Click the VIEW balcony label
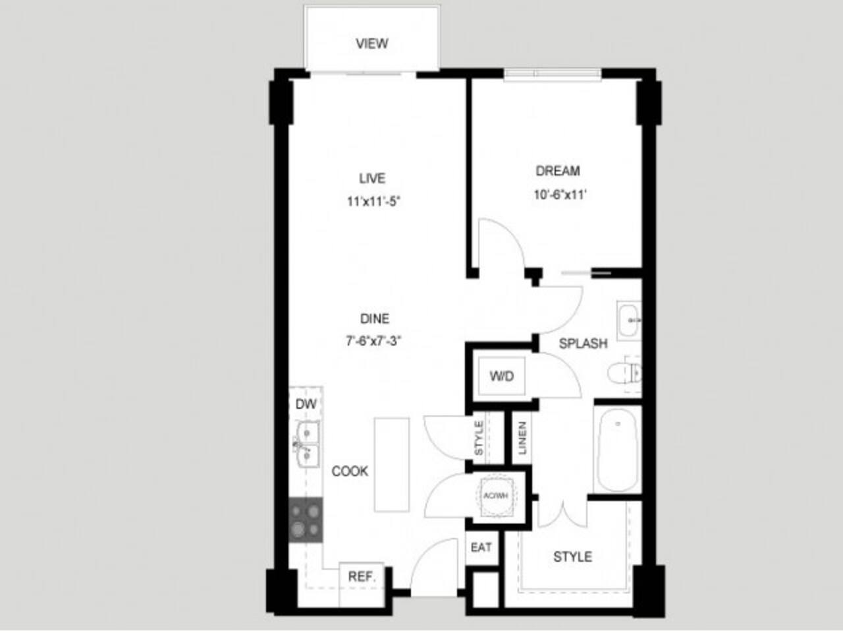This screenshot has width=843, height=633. pos(372,44)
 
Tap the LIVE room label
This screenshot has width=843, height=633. pos(372,178)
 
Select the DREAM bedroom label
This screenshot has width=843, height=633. pos(558,171)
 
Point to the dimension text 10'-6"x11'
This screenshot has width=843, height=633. pos(560,195)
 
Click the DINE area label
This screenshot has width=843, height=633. pos(375,319)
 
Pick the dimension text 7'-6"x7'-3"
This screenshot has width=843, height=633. pos(374,342)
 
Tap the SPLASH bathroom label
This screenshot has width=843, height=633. pos(583,344)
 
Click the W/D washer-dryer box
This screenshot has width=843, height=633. pos(501,377)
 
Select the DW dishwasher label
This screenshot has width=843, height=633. pos(305,404)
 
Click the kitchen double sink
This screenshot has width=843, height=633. pos(306,443)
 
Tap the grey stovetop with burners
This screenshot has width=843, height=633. pos(306,519)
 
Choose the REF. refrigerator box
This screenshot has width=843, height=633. pos(362,576)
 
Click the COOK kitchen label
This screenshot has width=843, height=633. pos(350,471)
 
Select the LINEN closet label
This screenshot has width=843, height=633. pos(522,437)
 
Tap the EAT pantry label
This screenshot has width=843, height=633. pos(481,548)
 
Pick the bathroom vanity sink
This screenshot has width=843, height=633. pos(629,320)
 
